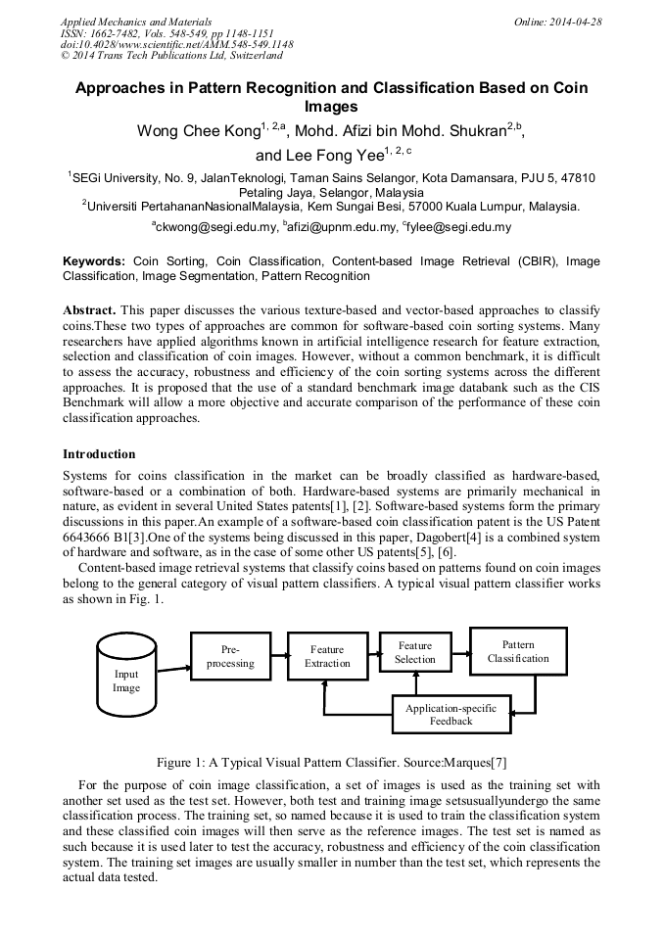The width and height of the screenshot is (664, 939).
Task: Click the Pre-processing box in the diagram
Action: coord(230,656)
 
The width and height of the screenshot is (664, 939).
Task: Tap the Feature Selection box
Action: coord(414,652)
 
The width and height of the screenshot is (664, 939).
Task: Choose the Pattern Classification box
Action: coord(518,651)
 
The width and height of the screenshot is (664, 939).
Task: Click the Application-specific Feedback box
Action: coord(451,714)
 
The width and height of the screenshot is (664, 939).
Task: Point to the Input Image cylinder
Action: coord(126,677)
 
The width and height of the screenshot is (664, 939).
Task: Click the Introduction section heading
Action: coord(99,454)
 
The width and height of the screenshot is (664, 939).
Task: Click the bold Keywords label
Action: coord(94,261)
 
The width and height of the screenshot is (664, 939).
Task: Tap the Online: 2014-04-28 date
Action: coord(557,22)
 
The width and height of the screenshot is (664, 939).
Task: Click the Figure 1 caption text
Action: coord(331,763)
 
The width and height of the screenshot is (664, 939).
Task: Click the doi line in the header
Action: coord(176,45)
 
